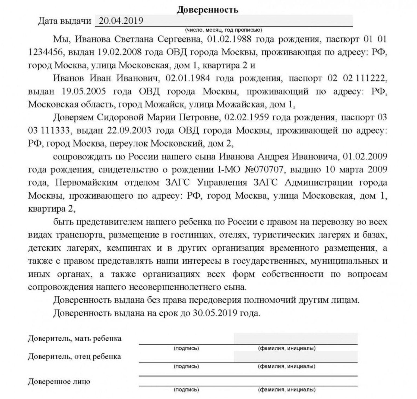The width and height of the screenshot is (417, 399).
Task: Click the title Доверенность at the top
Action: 207,10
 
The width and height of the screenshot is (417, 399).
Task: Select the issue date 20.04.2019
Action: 121,21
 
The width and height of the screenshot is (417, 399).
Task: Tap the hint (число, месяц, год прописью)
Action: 223,30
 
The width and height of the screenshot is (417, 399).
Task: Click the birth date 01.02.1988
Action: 230,39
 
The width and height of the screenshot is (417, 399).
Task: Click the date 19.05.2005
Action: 84,91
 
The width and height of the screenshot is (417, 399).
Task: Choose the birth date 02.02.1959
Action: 247,117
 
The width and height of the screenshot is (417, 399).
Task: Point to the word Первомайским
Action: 87,183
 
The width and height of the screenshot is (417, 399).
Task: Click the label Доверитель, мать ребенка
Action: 75,339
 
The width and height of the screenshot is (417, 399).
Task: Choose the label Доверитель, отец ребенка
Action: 74,357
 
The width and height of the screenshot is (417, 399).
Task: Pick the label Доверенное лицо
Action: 59,382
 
